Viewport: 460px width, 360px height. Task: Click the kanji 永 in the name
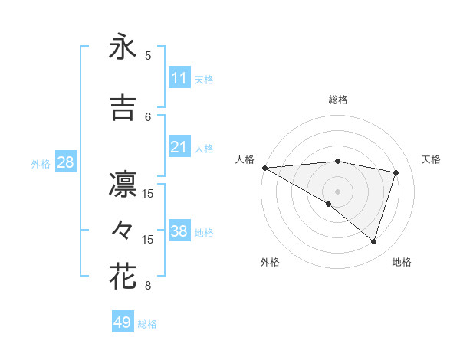pyautogui.click(x=123, y=48)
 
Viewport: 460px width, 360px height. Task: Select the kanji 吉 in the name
pyautogui.click(x=123, y=108)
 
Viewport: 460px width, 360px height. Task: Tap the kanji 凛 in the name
pyautogui.click(x=123, y=185)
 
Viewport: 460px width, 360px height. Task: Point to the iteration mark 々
pyautogui.click(x=123, y=229)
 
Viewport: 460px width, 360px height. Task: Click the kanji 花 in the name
pyautogui.click(x=123, y=277)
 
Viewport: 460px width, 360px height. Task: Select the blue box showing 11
pyautogui.click(x=179, y=78)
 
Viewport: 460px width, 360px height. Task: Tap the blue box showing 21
pyautogui.click(x=179, y=147)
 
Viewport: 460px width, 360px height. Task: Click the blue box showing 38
pyautogui.click(x=179, y=231)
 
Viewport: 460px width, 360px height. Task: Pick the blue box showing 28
pyautogui.click(x=65, y=162)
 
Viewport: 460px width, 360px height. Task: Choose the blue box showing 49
pyautogui.click(x=123, y=322)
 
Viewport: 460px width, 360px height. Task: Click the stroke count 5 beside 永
pyautogui.click(x=148, y=56)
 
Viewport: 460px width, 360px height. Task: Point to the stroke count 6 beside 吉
pyautogui.click(x=148, y=116)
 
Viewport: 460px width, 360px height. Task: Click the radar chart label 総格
pyautogui.click(x=338, y=100)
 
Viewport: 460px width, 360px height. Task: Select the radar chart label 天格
pyautogui.click(x=431, y=159)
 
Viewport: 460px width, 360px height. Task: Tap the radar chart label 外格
pyautogui.click(x=270, y=262)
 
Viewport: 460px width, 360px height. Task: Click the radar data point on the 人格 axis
pyautogui.click(x=264, y=167)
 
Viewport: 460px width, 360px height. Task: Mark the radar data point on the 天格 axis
pyautogui.click(x=396, y=172)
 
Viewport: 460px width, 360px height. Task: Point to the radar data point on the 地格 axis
pyautogui.click(x=374, y=242)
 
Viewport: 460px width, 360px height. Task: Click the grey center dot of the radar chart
pyautogui.click(x=338, y=191)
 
